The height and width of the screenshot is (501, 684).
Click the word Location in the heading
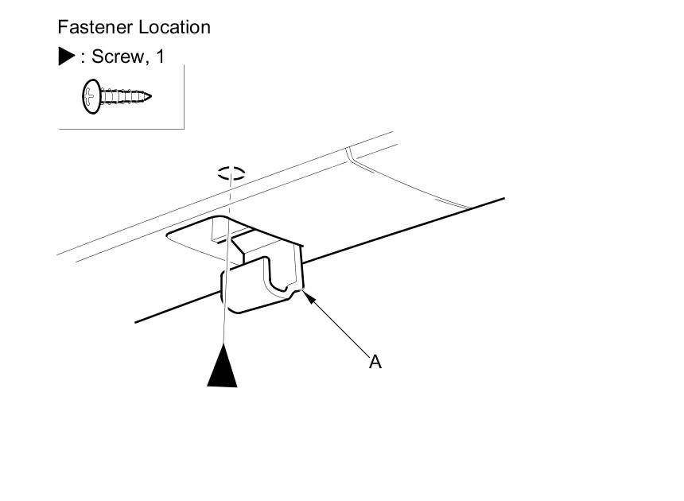click(x=175, y=27)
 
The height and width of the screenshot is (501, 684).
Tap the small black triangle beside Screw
click(x=66, y=56)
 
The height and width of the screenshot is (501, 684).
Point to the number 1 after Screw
click(x=161, y=56)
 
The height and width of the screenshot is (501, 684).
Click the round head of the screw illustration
click(x=90, y=97)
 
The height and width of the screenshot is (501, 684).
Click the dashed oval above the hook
click(x=231, y=173)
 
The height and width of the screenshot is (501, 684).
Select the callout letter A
click(x=375, y=362)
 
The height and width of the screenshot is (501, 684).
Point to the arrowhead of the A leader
click(x=306, y=297)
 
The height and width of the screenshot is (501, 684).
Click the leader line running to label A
click(x=338, y=326)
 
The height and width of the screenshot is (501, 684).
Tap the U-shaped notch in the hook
click(x=278, y=278)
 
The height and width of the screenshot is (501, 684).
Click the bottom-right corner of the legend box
click(x=184, y=128)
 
